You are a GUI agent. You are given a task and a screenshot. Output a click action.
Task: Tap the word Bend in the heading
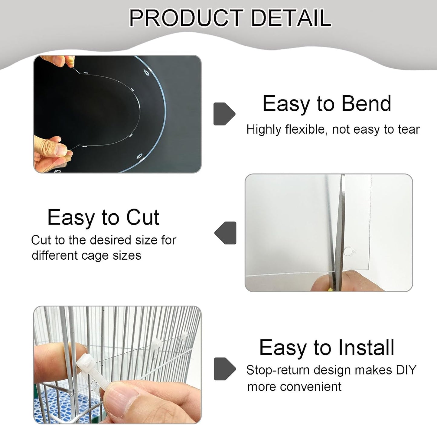[366, 104]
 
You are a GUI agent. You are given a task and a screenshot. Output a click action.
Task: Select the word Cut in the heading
[142, 217]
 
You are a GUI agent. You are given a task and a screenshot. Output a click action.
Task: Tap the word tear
[409, 129]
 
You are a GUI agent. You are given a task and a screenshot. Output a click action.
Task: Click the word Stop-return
[276, 370]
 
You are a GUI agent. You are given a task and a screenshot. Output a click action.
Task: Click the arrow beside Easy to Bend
[224, 114]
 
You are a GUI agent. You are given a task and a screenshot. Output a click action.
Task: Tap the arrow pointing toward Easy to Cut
[226, 233]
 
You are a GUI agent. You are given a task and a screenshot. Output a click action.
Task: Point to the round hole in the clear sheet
[348, 251]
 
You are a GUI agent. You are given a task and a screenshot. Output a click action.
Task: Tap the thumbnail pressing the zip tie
[119, 397]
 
